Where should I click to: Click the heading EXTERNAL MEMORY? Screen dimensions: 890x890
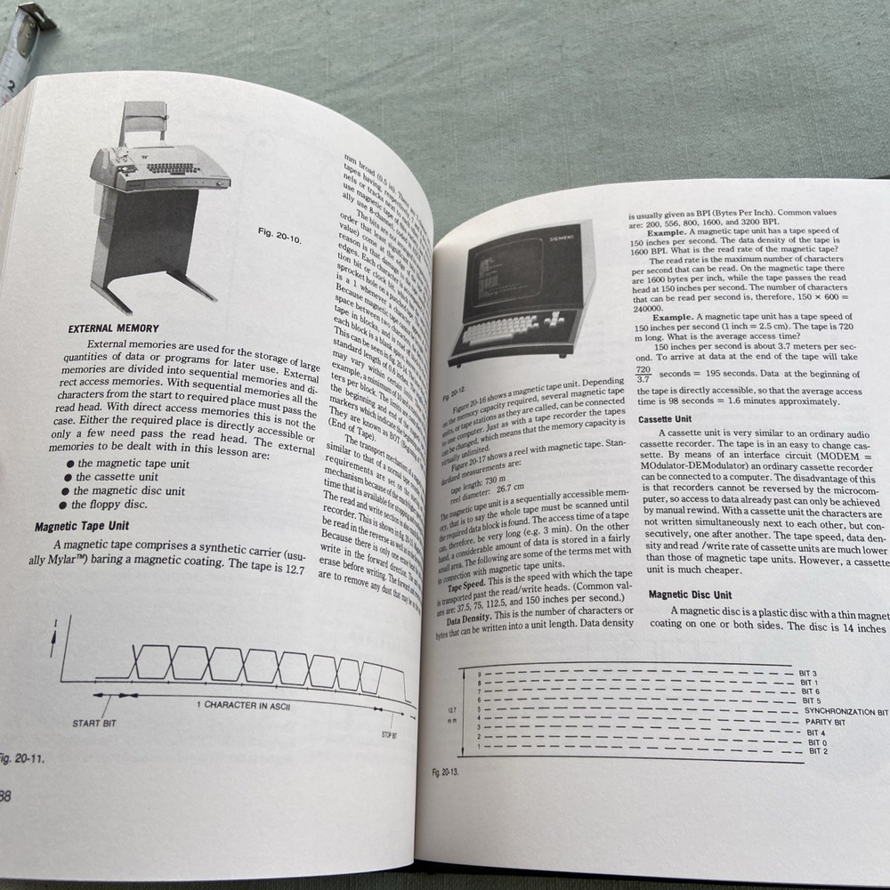pyautogui.click(x=114, y=328)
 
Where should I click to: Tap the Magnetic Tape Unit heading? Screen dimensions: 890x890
pyautogui.click(x=82, y=526)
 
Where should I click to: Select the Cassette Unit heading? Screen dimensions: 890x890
pyautogui.click(x=665, y=418)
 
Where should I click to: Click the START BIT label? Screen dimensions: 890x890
pyautogui.click(x=94, y=723)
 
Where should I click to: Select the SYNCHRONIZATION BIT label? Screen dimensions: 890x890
pyautogui.click(x=845, y=712)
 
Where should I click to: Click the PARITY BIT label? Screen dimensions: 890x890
pyautogui.click(x=825, y=722)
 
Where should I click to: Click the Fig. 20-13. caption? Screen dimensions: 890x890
pyautogui.click(x=446, y=772)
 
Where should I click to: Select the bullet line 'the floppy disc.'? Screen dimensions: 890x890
pyautogui.click(x=109, y=505)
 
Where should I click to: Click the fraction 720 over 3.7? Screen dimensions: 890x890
pyautogui.click(x=643, y=374)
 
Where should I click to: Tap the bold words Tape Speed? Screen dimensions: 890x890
pyautogui.click(x=466, y=586)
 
